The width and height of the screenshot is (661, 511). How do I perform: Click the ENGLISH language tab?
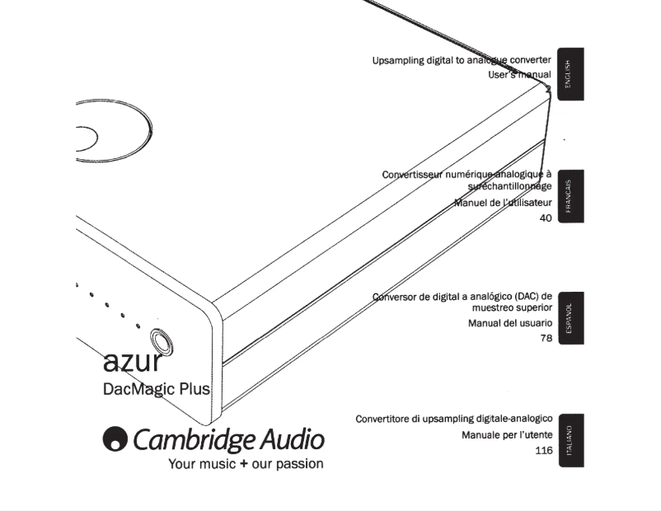point(570,74)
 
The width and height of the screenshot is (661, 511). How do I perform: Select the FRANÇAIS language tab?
point(570,196)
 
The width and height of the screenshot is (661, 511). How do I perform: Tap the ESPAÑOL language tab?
point(570,318)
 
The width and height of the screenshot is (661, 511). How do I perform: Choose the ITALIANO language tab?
point(570,440)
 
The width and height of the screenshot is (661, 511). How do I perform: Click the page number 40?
point(546,218)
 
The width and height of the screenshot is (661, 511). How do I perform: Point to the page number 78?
point(546,338)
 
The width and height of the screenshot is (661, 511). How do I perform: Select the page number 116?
point(543,451)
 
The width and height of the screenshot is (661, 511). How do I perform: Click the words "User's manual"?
point(519,75)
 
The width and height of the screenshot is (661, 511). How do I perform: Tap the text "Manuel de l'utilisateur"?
point(503,203)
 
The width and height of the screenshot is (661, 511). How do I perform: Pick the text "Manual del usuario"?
point(510,323)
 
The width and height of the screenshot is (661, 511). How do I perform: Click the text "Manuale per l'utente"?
point(507,435)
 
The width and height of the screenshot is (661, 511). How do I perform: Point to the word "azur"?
point(132,360)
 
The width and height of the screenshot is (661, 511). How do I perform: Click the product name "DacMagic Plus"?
point(156,388)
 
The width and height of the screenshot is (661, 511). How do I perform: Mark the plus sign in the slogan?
point(244,464)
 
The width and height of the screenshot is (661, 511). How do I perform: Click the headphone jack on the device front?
point(162,340)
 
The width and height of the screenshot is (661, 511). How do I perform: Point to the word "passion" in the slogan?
point(299,464)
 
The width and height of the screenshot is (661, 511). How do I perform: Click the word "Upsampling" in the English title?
point(399,61)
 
